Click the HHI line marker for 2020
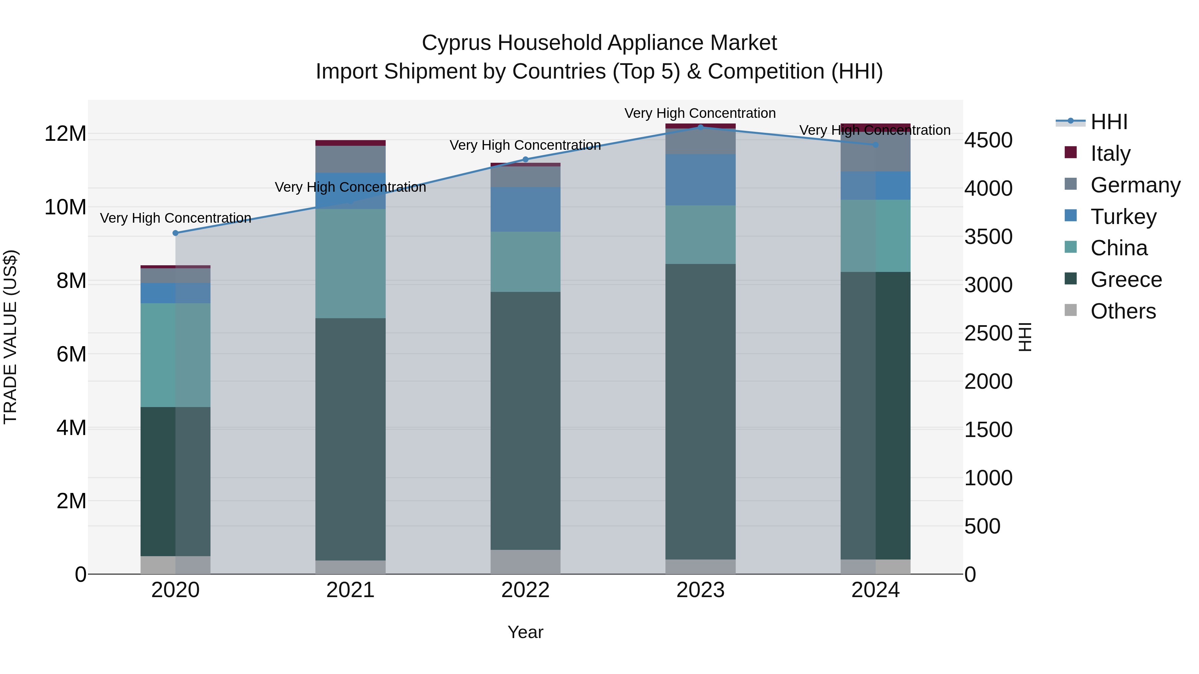coord(176,233)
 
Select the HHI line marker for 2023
coord(700,127)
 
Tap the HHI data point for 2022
coord(526,159)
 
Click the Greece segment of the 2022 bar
coord(526,421)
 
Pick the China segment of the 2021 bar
coord(350,263)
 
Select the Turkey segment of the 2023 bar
coord(700,179)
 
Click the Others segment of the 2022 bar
coord(526,562)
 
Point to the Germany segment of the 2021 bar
coord(350,159)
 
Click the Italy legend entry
coord(1110,153)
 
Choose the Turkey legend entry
coord(1123,217)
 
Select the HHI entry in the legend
coord(1109,122)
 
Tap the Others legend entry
coord(1123,311)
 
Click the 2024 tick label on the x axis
coord(875,590)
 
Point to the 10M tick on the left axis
coord(65,207)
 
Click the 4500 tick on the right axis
coord(988,140)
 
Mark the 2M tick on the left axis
coord(71,501)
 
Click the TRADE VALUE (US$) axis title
coord(10,337)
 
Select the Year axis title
coord(526,632)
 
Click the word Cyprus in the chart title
coord(457,43)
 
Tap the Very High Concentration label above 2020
coord(176,218)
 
